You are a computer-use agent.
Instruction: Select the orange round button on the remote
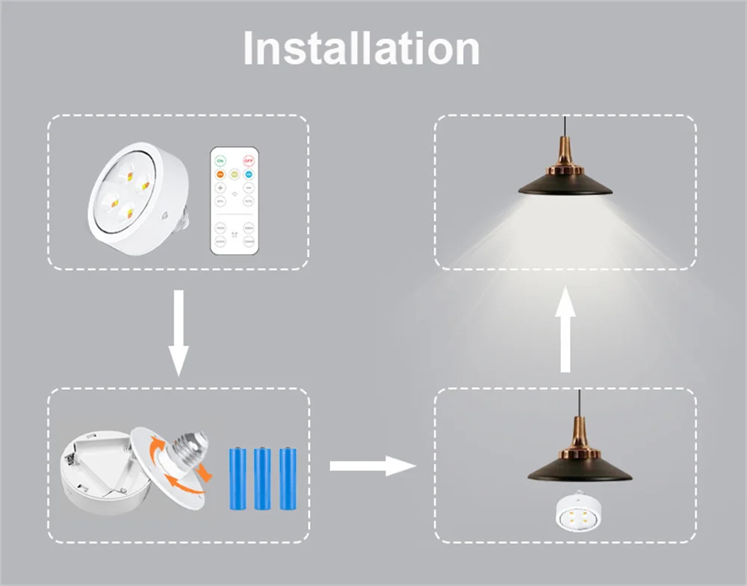[221, 174]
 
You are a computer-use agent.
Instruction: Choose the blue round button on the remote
[248, 174]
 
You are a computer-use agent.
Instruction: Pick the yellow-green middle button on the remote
[235, 174]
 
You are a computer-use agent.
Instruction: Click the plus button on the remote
[221, 187]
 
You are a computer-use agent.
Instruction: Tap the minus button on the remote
[248, 187]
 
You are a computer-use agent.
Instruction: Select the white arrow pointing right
[371, 466]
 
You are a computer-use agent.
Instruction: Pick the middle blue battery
[263, 478]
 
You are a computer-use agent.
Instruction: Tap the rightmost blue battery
[286, 478]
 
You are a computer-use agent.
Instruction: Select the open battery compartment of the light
[101, 471]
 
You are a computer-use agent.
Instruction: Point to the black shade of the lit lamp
[565, 184]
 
